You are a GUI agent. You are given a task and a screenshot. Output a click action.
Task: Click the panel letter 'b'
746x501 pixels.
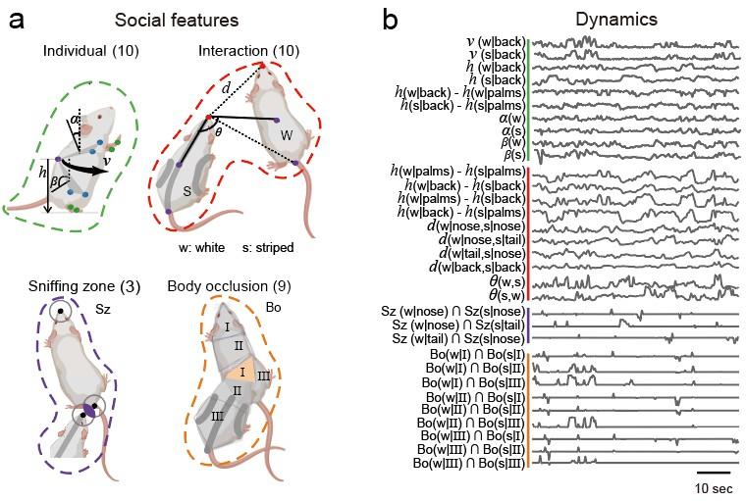click(389, 19)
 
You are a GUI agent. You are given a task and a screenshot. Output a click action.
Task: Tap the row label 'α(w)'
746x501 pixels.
click(506, 119)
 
